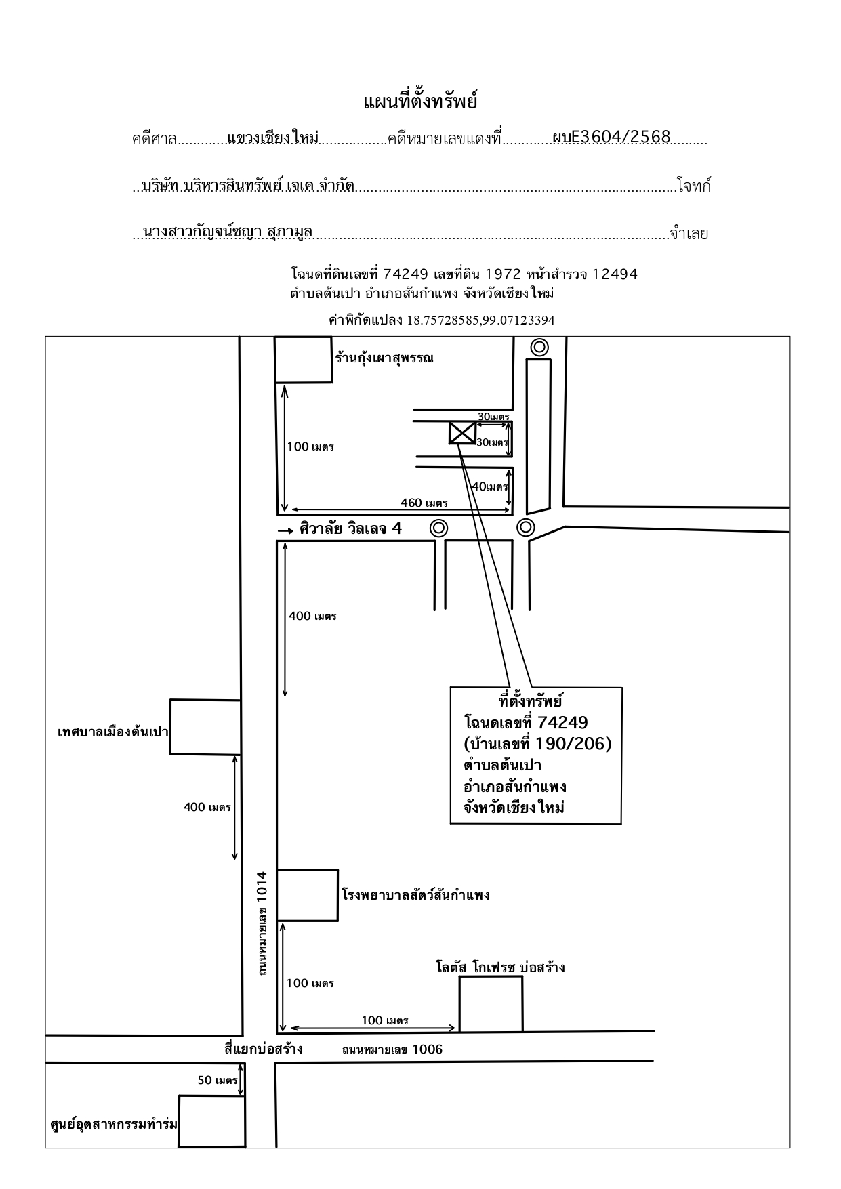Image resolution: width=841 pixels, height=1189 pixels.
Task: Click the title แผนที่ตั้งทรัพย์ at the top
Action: tap(420, 102)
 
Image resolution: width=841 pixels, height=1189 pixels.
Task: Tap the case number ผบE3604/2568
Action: tap(611, 138)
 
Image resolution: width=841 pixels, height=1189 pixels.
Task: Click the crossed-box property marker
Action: tap(462, 433)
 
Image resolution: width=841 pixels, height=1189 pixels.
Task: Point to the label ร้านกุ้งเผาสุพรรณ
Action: tap(384, 358)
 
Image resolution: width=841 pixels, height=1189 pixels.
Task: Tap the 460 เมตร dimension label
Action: tap(424, 503)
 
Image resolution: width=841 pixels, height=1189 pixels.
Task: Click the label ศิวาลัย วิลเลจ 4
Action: tap(350, 528)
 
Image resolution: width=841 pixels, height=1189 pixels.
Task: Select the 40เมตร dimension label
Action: tap(489, 486)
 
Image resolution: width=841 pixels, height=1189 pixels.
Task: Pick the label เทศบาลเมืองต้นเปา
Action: tap(112, 732)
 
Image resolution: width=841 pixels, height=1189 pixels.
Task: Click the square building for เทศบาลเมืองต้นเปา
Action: tap(205, 727)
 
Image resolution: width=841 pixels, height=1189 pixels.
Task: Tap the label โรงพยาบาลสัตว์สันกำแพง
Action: tap(415, 895)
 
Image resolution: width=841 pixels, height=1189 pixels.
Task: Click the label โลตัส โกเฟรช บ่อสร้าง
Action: tap(500, 967)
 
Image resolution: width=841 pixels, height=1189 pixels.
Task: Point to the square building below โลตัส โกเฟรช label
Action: tap(491, 1003)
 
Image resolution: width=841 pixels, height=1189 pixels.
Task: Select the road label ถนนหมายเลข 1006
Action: tap(392, 1049)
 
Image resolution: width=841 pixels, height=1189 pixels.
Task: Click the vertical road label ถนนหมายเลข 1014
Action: tap(262, 923)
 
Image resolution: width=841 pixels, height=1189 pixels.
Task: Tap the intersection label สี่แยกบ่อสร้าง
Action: tap(264, 1049)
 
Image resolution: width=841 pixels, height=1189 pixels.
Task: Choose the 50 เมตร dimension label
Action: tap(217, 1080)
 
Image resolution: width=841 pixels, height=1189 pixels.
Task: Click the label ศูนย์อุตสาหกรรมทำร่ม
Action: tap(114, 1125)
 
